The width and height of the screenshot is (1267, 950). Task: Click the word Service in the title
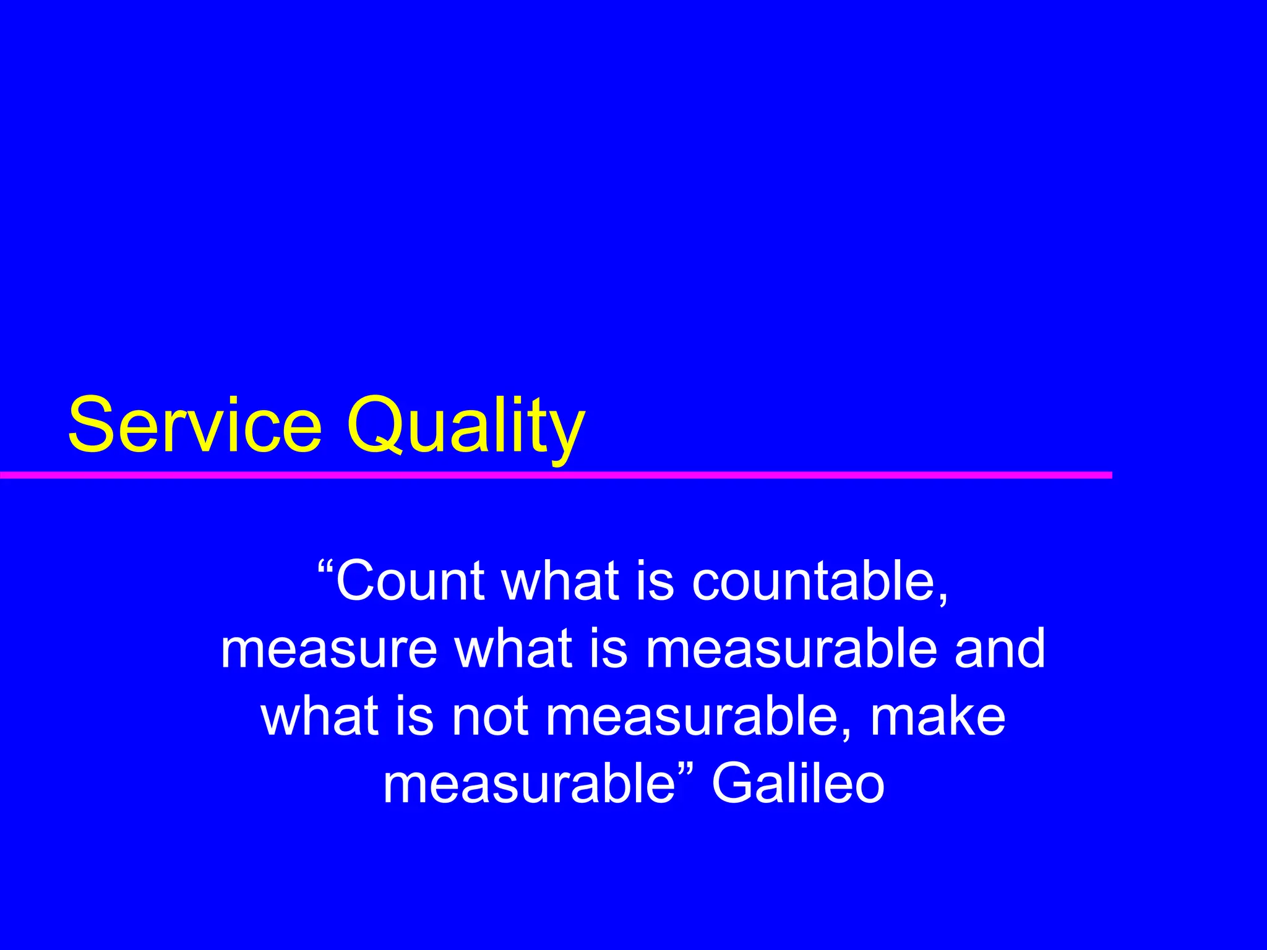coord(195,426)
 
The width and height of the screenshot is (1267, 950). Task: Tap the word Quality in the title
coord(465,426)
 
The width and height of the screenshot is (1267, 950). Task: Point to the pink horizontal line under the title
coord(557,475)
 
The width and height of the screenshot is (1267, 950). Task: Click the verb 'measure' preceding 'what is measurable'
coord(329,649)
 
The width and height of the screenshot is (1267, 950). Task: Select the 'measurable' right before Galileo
coord(529,785)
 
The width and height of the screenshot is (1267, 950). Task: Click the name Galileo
coord(798,785)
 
